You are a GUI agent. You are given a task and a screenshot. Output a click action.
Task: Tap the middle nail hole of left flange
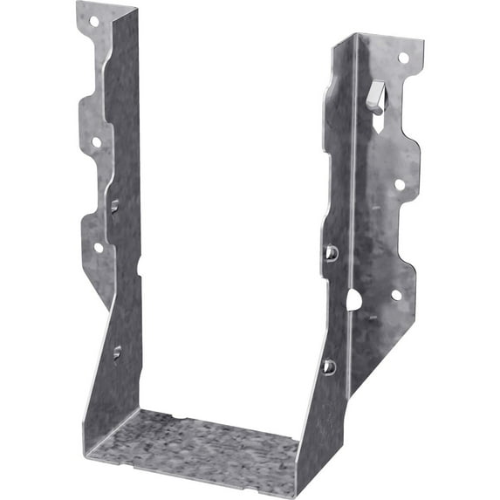tap(96, 141)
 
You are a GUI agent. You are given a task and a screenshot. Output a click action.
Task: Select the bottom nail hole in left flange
tap(99, 247)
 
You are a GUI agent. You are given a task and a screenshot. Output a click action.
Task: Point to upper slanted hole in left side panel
tap(115, 205)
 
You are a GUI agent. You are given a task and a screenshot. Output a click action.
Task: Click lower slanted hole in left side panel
tap(117, 353)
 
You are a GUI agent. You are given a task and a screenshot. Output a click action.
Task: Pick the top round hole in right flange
tap(403, 58)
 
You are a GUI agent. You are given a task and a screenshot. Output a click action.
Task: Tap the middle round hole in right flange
tap(399, 184)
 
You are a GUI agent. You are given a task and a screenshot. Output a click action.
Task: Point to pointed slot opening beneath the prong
tap(377, 117)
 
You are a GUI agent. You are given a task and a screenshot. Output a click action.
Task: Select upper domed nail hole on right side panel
tap(332, 252)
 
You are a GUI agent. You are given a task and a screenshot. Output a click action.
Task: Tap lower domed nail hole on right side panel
tap(329, 366)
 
